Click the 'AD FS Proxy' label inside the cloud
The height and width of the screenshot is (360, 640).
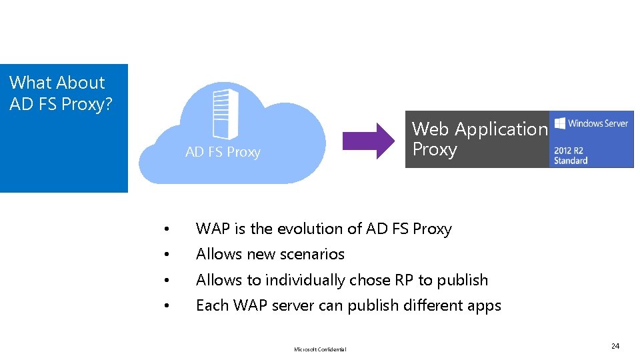223,152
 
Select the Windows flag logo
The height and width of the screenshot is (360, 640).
560,123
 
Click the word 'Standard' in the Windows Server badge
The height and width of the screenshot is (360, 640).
571,161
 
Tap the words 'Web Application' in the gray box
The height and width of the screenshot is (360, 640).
479,129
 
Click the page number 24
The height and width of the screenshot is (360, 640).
615,346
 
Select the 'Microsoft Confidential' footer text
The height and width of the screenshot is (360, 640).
320,349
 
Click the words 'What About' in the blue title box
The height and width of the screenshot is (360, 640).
57,83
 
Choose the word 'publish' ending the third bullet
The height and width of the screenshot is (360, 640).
463,280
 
